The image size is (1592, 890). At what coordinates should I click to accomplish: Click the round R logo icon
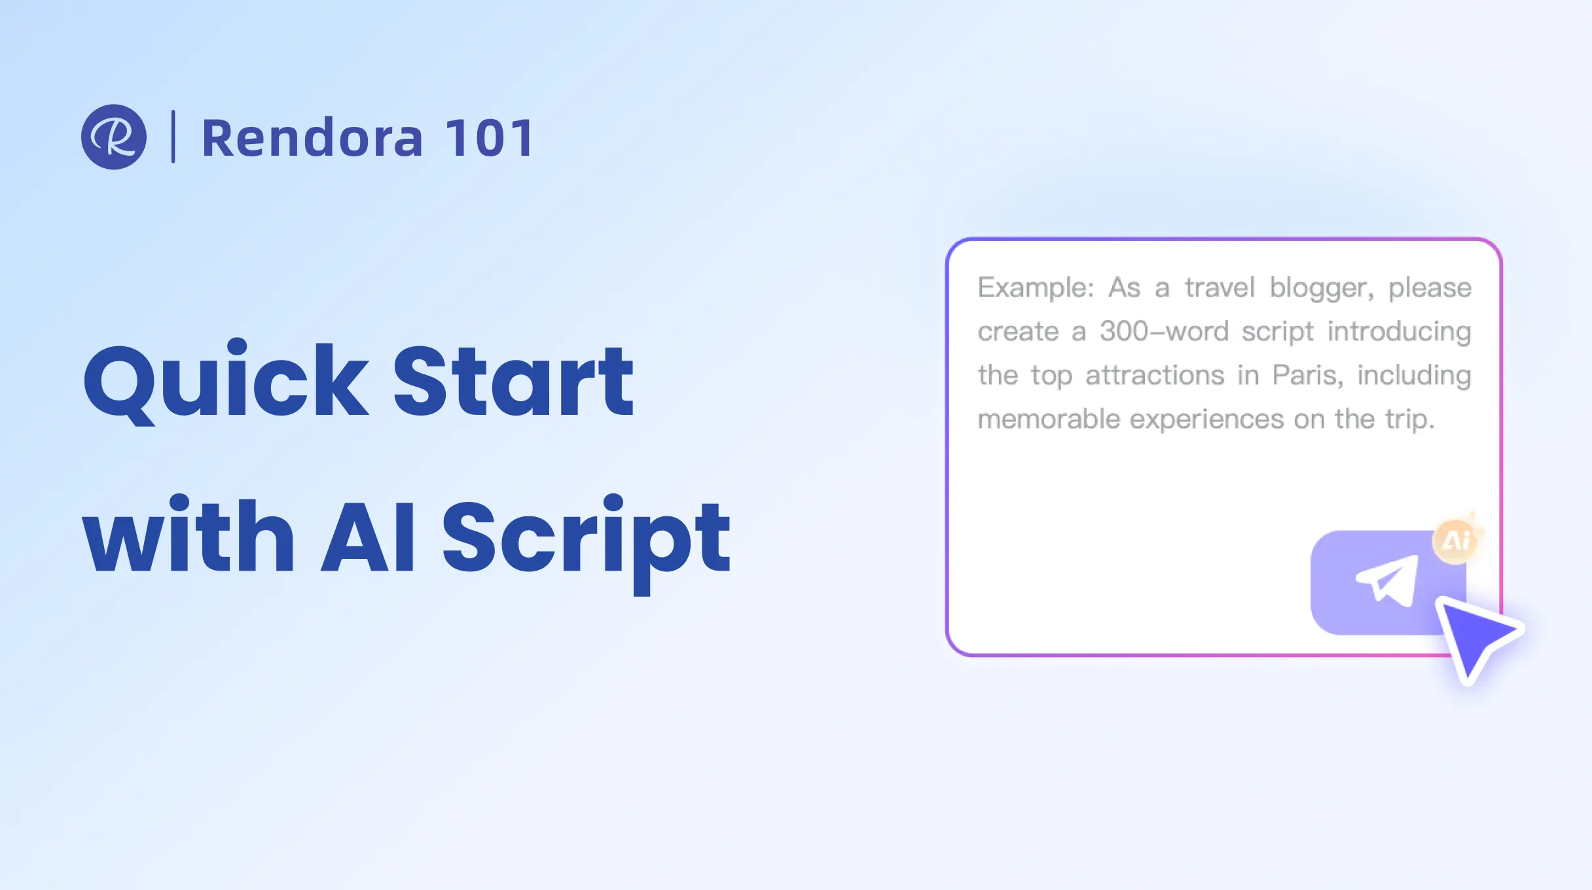click(x=114, y=137)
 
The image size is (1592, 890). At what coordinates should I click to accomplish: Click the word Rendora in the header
click(x=312, y=138)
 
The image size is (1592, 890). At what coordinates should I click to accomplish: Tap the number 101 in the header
click(x=490, y=138)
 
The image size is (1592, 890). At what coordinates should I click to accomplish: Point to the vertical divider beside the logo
click(x=173, y=137)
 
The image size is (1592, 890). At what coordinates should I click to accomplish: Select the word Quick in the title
click(x=226, y=382)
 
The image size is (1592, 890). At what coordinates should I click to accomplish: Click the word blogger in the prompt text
click(x=1321, y=289)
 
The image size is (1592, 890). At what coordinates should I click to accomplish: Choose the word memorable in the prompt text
click(x=1049, y=419)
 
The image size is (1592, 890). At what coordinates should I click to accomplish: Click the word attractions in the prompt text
click(x=1155, y=376)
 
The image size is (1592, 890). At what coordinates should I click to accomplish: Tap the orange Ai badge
click(x=1456, y=541)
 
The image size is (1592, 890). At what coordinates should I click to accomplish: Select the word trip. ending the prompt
click(x=1409, y=419)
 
